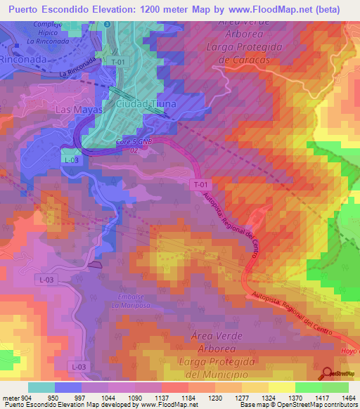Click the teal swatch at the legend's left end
point(41,387)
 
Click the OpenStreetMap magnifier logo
point(327,373)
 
